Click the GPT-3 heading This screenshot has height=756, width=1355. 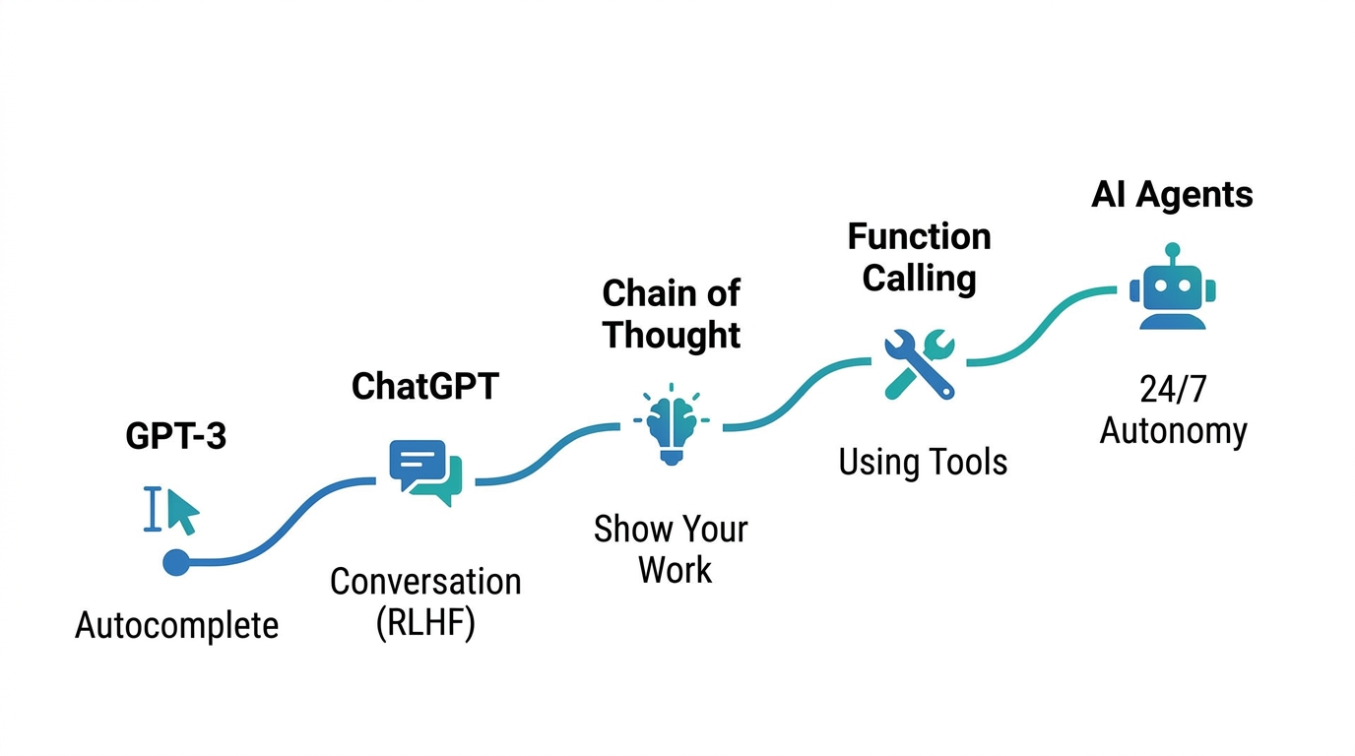pos(176,436)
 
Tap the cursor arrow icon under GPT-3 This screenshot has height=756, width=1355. pos(182,511)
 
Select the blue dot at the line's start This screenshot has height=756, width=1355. pos(175,562)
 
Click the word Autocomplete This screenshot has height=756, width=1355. pos(177,625)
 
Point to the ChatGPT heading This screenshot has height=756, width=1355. pos(425,386)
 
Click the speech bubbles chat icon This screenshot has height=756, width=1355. pos(425,472)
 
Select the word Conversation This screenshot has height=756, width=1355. pos(425,582)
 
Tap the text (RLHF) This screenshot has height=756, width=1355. pos(425,624)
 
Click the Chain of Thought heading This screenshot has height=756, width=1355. pos(672,313)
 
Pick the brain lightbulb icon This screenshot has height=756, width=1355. pos(672,423)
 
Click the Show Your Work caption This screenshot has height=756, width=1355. pos(672,549)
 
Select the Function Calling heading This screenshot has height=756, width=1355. pos(919,257)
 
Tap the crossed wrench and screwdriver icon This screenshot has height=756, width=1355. pos(919,363)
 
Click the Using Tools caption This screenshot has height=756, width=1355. pos(923,462)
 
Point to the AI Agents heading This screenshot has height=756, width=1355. pos(1172,194)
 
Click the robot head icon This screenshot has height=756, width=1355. pos(1172,291)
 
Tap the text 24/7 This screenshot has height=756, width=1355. pos(1172,390)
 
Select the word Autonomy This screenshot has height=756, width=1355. pos(1173,431)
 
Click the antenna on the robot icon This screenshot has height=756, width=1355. pos(1172,251)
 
